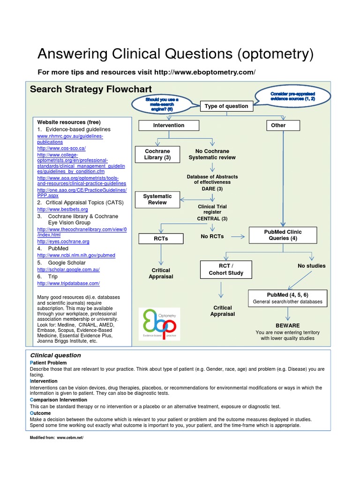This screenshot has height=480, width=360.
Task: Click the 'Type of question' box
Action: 226,106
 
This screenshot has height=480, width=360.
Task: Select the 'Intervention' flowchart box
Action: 169,126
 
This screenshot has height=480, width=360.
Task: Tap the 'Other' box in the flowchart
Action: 278,126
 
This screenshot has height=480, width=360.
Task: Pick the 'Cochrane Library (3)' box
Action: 157,155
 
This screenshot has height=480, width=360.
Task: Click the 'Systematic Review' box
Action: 157,200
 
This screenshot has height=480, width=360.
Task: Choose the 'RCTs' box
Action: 161,239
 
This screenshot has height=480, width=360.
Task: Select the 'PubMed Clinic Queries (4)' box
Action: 283,235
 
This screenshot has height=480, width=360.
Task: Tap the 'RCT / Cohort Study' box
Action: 226,270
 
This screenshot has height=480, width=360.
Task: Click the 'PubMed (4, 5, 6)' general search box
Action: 287,298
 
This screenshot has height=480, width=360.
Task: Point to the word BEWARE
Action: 288,325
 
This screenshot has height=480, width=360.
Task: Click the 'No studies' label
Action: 311,266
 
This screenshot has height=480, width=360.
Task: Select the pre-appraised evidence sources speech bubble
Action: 292,97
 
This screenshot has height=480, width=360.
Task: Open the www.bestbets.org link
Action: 62,209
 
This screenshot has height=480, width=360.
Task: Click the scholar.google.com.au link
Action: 68,270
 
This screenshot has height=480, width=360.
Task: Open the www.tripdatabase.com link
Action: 68,284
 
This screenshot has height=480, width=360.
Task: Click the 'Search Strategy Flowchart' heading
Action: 90,90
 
